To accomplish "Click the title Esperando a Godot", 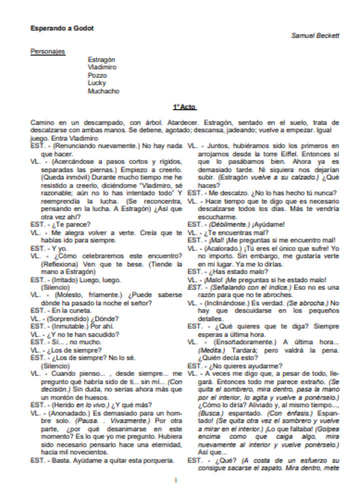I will [x=62, y=28].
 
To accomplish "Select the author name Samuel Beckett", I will [x=315, y=36].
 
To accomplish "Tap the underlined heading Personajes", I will [x=47, y=51].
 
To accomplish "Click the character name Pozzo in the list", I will [x=97, y=75].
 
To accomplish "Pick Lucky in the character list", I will [x=96, y=83].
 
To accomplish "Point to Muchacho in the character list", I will [x=103, y=91].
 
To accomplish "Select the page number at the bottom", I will [x=175, y=480].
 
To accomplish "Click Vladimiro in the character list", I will [x=102, y=67].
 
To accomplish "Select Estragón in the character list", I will [x=101, y=59].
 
